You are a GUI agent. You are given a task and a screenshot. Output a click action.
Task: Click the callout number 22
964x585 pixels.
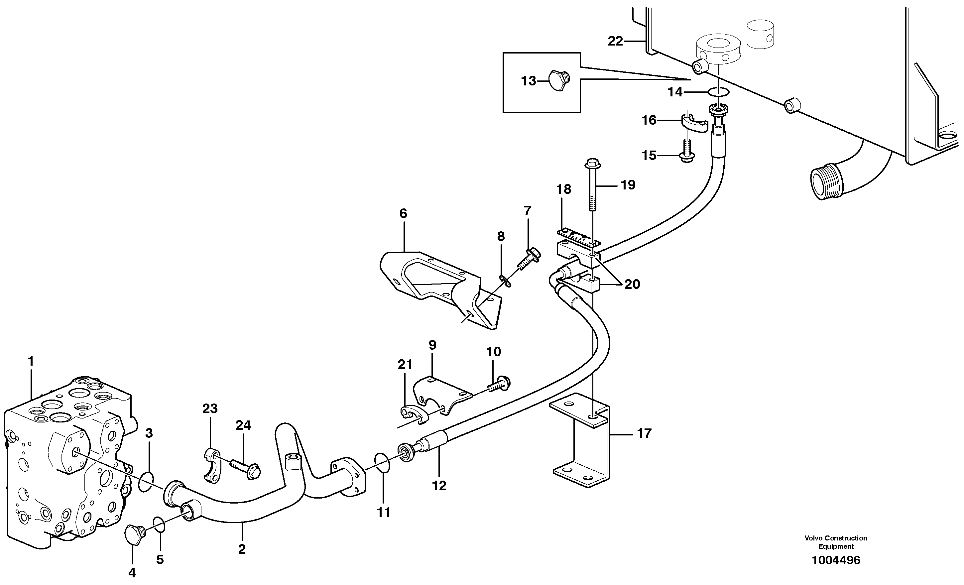(x=615, y=41)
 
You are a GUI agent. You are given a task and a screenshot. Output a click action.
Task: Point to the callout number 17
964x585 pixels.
(x=644, y=433)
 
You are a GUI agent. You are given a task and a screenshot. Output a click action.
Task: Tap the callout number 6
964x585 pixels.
(x=403, y=214)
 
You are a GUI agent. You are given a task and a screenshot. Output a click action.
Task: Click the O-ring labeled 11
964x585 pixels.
(x=382, y=463)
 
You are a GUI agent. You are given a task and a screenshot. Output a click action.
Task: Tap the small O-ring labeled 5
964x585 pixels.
(x=159, y=525)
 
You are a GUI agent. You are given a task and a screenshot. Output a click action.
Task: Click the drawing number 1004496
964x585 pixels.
(x=836, y=560)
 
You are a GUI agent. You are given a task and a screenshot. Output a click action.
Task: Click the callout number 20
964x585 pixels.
(x=632, y=284)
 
